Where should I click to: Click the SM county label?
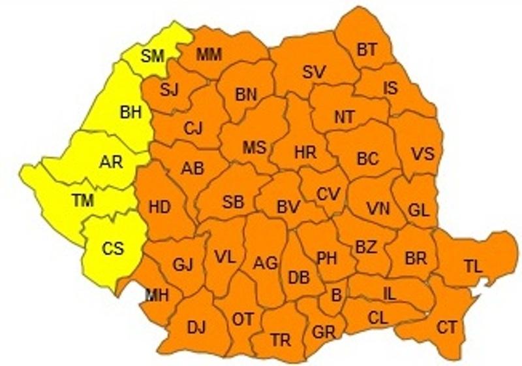click(x=152, y=56)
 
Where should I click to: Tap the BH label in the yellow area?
click(x=130, y=112)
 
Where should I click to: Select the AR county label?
click(x=111, y=161)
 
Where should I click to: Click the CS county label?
click(x=112, y=248)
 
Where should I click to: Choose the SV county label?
click(x=314, y=72)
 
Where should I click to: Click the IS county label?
click(x=390, y=88)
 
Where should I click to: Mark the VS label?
click(x=422, y=155)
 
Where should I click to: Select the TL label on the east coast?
click(x=472, y=265)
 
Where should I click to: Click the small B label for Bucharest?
click(x=336, y=295)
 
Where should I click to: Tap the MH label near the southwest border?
click(x=157, y=295)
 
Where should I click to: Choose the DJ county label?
click(x=196, y=327)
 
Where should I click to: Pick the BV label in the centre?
click(x=288, y=207)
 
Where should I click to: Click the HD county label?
click(x=159, y=208)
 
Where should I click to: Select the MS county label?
click(x=254, y=148)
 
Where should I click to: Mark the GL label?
click(x=418, y=210)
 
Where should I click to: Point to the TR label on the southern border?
click(x=281, y=340)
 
